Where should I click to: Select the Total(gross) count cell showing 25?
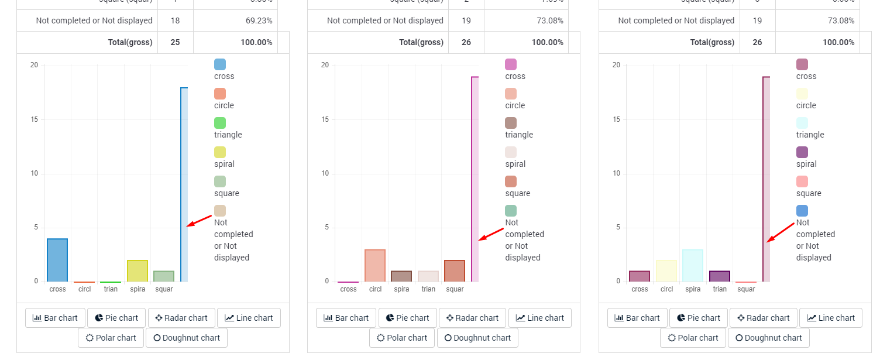pos(175,42)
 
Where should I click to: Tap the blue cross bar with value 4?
pos(57,260)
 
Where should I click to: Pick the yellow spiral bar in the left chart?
pos(137,270)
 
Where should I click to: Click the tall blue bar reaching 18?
pos(184,184)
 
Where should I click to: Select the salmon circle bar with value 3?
pos(375,265)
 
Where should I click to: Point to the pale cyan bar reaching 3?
pos(693,265)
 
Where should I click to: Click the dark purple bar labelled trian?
pos(720,276)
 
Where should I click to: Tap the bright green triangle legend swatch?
pos(220,123)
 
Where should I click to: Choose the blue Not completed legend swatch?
pos(802,211)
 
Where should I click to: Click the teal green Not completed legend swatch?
pos(511,211)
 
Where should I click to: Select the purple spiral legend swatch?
pos(802,152)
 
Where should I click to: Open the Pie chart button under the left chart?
pos(116,318)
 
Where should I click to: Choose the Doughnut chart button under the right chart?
pos(768,338)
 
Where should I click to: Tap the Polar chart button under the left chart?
pos(111,338)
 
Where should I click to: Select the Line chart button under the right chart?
pos(830,318)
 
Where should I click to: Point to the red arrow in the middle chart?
pos(491,234)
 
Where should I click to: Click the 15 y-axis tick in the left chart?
pos(34,119)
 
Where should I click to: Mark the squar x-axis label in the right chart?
pos(746,289)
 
